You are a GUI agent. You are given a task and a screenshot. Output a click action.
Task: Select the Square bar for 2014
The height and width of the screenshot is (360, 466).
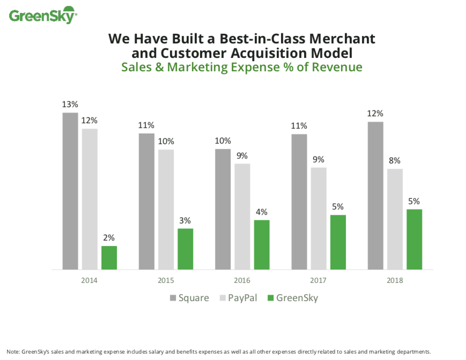[x=70, y=191]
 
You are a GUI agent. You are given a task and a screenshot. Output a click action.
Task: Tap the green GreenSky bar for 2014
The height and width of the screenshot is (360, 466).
[x=109, y=257]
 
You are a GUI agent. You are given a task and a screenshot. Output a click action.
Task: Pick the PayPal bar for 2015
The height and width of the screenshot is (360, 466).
[x=166, y=209]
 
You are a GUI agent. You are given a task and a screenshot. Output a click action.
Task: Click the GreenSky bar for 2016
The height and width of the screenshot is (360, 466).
[x=262, y=244]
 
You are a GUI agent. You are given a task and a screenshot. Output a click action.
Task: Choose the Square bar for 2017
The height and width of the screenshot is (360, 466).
[x=299, y=201]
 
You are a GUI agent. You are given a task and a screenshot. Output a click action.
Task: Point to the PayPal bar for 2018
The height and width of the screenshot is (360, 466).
[x=395, y=219]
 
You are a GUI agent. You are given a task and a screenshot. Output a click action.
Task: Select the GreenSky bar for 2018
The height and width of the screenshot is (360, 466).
[x=414, y=239]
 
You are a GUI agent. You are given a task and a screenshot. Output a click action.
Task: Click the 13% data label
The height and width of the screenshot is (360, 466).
[x=70, y=104]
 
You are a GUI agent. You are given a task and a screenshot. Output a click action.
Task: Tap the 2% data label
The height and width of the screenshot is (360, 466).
[x=109, y=237]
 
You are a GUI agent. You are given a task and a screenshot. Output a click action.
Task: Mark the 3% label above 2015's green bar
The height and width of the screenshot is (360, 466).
[x=185, y=220]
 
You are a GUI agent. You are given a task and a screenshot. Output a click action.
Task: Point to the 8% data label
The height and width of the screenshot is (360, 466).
[x=395, y=160]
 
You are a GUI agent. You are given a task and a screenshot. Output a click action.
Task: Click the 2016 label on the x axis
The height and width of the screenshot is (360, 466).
[x=242, y=280]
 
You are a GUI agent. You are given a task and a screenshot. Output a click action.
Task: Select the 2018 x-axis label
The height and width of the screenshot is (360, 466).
[x=395, y=280]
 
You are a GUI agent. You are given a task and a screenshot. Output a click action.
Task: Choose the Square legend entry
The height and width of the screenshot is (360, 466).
[x=189, y=298]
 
